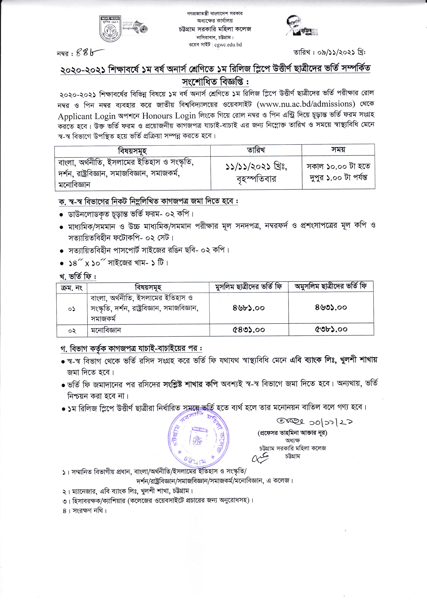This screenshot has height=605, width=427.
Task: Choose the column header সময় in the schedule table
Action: pos(338,150)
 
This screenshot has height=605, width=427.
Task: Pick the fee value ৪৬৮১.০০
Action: pos(248,308)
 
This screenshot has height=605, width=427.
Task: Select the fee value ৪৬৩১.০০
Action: pos(331,308)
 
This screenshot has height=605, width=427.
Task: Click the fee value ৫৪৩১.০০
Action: pos(248,330)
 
